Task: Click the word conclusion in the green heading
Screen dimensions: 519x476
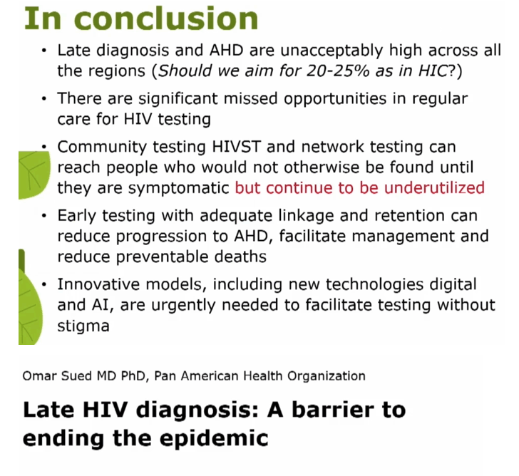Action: [168, 19]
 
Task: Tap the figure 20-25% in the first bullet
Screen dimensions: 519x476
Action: [338, 71]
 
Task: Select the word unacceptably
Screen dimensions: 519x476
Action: [332, 51]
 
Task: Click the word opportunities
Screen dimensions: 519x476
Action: [335, 99]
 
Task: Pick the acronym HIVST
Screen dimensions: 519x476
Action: [237, 147]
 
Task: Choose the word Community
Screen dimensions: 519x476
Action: [102, 148]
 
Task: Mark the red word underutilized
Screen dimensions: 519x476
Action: [434, 187]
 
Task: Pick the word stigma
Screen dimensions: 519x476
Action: [83, 326]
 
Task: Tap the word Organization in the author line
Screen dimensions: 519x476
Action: [327, 376]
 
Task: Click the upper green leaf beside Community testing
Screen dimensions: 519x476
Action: [34, 175]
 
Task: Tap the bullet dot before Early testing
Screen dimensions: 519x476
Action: [44, 216]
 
